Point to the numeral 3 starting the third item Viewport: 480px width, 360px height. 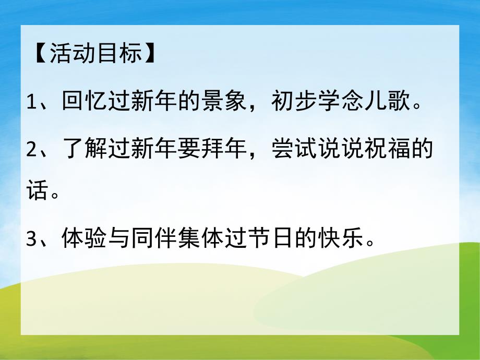tap(32, 241)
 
